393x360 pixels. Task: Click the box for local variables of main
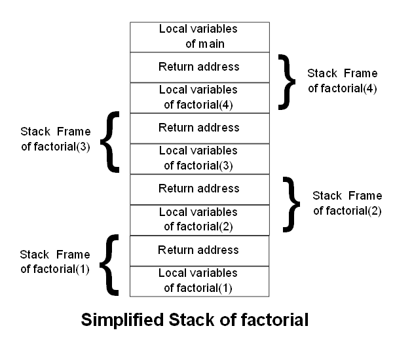coord(199,37)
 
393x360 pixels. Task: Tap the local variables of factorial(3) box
coord(199,158)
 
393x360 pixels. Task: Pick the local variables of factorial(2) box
coord(199,219)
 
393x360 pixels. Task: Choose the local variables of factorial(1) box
coord(199,280)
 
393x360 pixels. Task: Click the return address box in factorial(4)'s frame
coord(199,67)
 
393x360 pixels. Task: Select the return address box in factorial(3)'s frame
coord(199,128)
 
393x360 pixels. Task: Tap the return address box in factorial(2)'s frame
coord(199,189)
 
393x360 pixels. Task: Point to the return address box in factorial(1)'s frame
coord(199,250)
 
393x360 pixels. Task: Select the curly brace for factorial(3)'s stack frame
coord(112,141)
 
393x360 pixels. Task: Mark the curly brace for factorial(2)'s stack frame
coord(290,203)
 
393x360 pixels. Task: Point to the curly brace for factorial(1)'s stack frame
coord(112,264)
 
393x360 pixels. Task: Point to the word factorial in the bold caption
coord(273,321)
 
